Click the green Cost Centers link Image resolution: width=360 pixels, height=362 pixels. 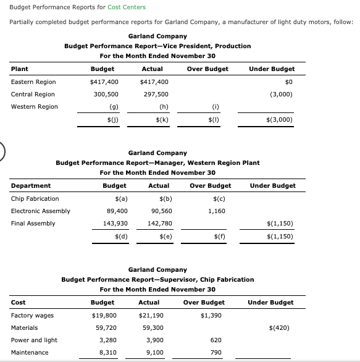[x=127, y=7]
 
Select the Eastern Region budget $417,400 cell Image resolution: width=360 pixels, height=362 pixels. [x=105, y=82]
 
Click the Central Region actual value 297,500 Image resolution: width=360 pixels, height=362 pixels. [x=155, y=95]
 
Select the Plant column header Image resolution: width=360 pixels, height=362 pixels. [x=20, y=69]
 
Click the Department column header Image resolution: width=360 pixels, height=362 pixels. [x=31, y=186]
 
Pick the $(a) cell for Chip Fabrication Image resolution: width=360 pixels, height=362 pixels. [x=121, y=199]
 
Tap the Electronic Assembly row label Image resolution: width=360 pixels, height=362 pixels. [x=41, y=211]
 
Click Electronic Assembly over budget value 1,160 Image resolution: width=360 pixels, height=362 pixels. [x=217, y=211]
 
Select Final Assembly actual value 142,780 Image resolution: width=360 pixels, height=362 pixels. [x=161, y=224]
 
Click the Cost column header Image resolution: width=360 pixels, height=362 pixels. [x=18, y=303]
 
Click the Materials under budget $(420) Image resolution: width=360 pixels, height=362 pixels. [x=282, y=328]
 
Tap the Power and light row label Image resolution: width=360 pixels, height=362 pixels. [x=34, y=340]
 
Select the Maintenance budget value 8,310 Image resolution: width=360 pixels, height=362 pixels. [x=108, y=353]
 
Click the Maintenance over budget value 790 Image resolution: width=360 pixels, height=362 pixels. [x=216, y=353]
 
